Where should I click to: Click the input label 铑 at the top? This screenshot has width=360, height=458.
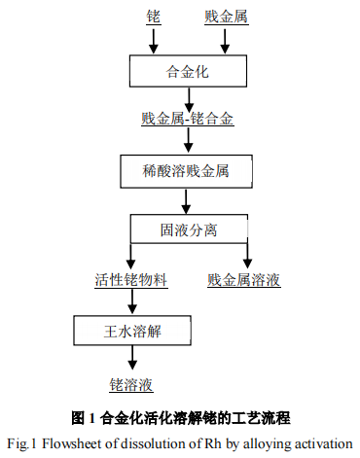pos(152,18)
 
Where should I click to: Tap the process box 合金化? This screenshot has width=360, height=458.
pos(188,71)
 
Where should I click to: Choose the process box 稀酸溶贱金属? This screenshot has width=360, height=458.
pos(187,172)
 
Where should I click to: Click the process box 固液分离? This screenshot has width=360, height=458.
pos(188,229)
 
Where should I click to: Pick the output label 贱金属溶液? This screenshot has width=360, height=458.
pos(244,280)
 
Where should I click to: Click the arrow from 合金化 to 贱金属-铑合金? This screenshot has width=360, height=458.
pos(188,97)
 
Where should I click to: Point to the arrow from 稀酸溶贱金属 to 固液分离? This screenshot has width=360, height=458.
pos(188,201)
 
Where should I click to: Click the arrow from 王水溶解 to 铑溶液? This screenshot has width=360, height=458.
pos(130,360)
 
